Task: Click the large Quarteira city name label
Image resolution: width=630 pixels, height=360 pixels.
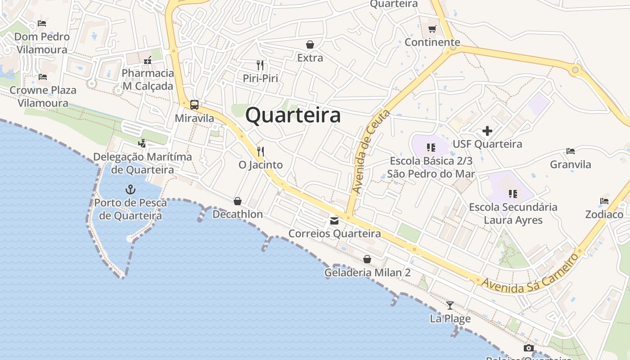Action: [x=293, y=115]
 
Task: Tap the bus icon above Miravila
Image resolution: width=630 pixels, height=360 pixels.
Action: [x=194, y=105]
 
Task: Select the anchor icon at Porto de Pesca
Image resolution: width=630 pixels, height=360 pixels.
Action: [x=130, y=189]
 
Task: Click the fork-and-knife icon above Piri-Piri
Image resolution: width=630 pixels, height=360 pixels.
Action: [x=260, y=65]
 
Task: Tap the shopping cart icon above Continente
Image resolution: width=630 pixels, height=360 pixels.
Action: [x=432, y=29]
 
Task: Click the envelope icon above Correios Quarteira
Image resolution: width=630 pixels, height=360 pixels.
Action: [x=334, y=220]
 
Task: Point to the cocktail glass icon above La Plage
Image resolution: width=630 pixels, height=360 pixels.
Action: [x=450, y=306]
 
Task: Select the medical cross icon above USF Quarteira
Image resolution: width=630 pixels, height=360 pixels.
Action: [x=487, y=131]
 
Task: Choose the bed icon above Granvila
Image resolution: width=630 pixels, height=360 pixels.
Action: [x=571, y=151]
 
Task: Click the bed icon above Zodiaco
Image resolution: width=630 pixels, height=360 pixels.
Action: [x=604, y=201]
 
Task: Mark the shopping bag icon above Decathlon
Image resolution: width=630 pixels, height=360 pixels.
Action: [x=238, y=201]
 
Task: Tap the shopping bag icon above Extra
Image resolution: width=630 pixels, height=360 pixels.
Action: [x=310, y=45]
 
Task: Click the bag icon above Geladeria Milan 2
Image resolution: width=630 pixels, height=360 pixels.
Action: [x=367, y=259]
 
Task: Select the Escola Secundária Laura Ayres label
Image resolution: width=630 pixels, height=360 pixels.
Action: [x=513, y=214]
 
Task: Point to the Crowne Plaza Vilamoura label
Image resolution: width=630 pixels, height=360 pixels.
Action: [x=43, y=96]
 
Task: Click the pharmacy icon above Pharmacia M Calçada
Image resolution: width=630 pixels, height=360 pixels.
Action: [x=147, y=60]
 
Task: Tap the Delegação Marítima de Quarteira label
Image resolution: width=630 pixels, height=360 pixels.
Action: [x=143, y=163]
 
